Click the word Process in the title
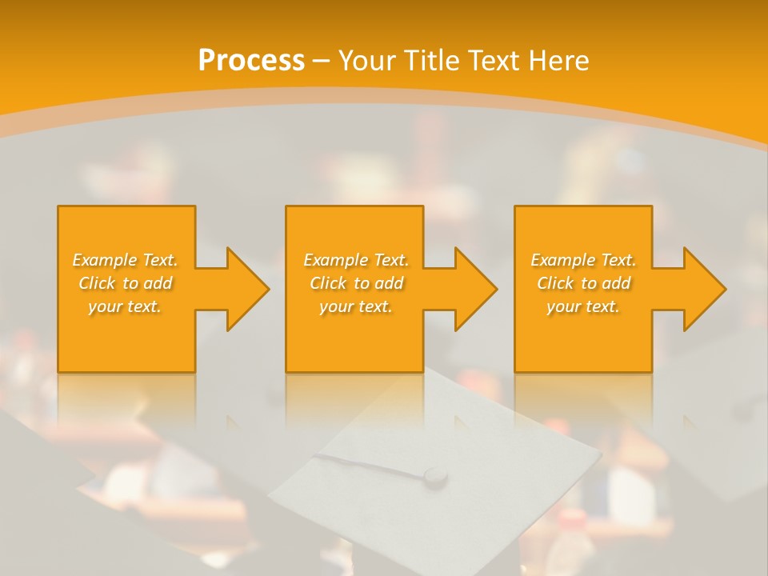point(251,61)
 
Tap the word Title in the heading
point(430,61)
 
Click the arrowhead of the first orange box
point(247,289)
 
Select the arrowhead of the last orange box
point(704,289)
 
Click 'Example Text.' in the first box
point(125,260)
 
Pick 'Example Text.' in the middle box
point(356,260)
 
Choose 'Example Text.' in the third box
point(583,260)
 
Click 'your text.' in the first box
point(125,306)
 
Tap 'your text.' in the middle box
point(356,306)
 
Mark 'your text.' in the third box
point(583,306)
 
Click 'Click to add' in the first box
point(125,283)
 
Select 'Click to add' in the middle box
point(356,283)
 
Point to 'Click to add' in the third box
point(583,283)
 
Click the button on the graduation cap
point(435,476)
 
